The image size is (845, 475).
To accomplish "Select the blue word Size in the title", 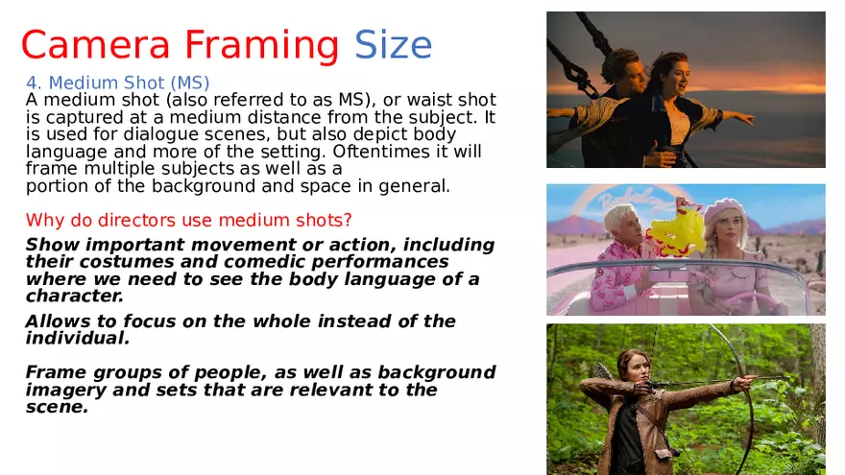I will point(393,45).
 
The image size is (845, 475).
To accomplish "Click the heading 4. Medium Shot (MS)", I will point(117,83).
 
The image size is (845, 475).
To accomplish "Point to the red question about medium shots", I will point(189,220).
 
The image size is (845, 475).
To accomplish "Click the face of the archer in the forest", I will point(632,366).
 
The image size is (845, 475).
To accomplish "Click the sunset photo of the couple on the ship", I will point(686,89).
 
